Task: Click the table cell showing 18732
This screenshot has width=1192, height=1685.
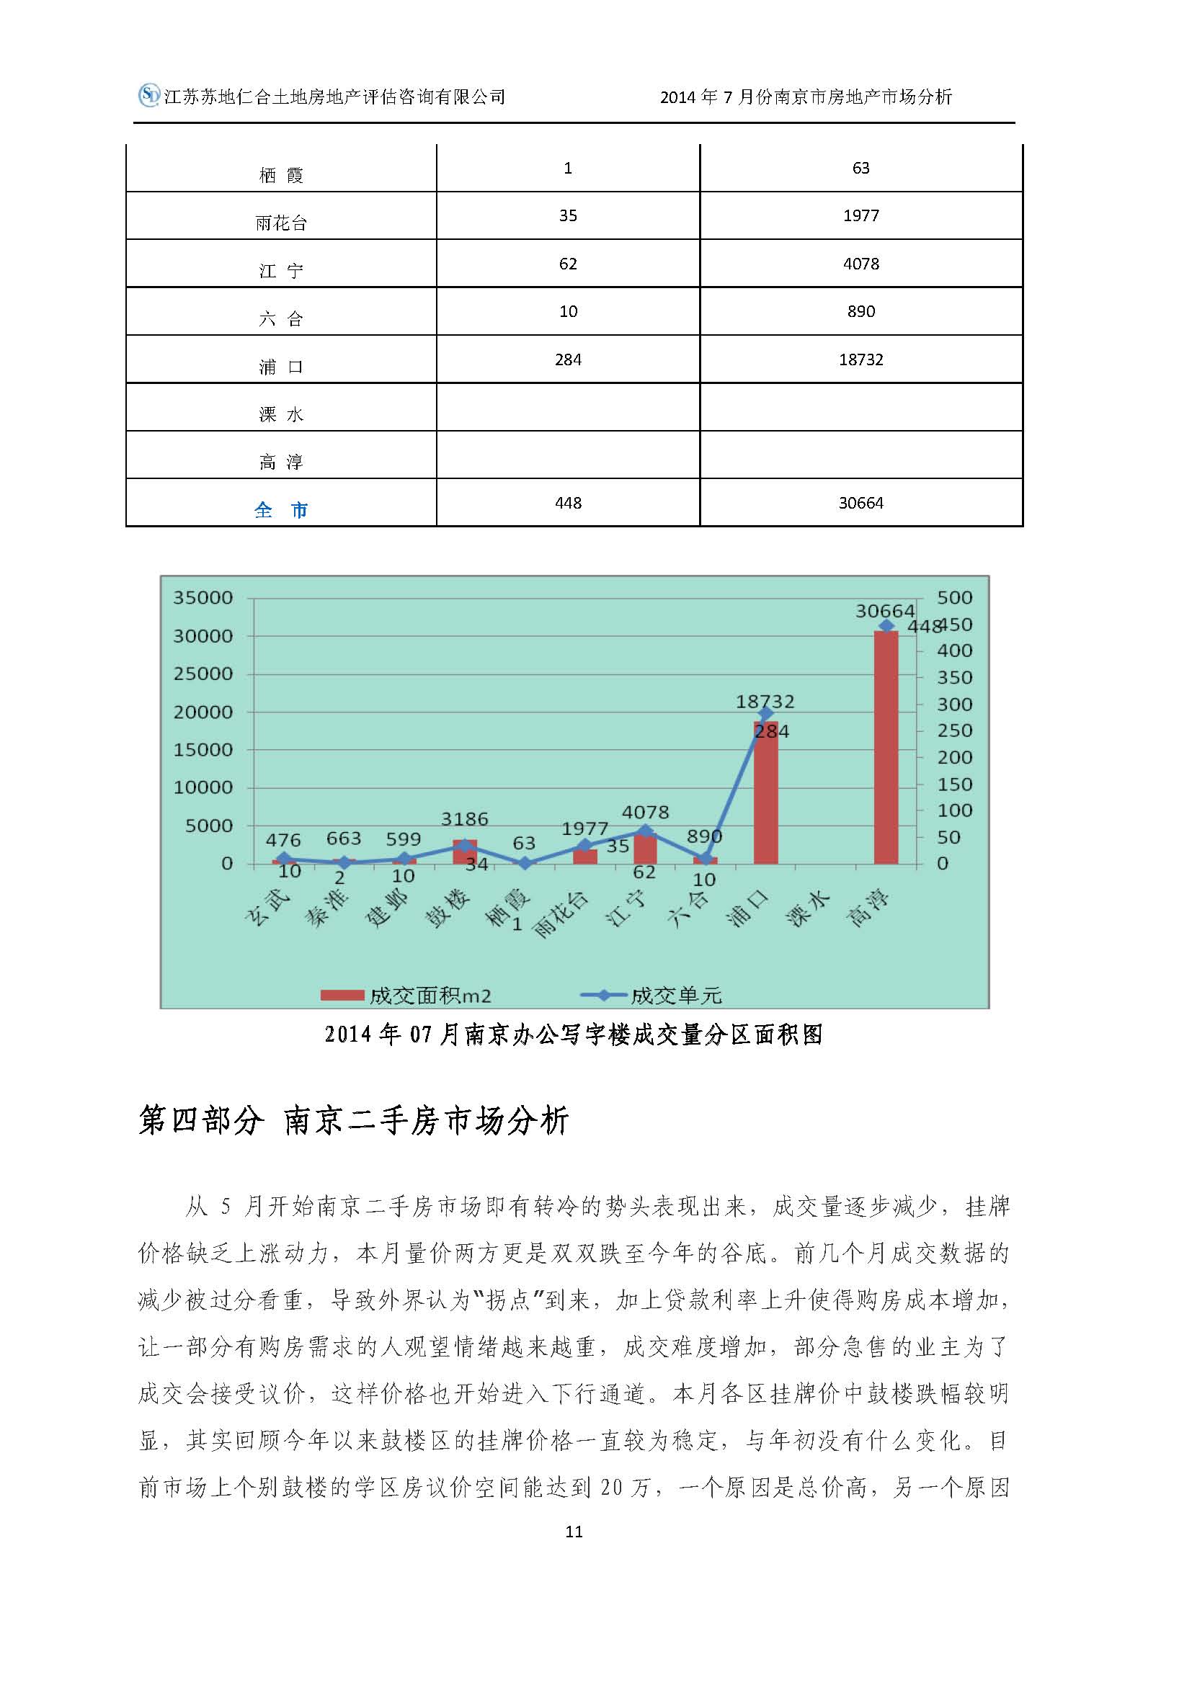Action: (x=860, y=359)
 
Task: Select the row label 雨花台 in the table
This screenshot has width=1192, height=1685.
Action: (x=281, y=223)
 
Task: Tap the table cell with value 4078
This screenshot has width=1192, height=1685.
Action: (x=860, y=264)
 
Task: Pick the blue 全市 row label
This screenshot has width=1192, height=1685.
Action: (x=280, y=509)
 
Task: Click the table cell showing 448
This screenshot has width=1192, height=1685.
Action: (x=568, y=503)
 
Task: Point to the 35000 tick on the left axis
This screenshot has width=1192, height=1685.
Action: (x=203, y=597)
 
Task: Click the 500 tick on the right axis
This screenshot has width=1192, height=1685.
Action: (x=954, y=597)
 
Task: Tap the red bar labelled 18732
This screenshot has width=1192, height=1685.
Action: (x=765, y=792)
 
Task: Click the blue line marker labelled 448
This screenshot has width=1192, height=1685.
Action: (x=886, y=626)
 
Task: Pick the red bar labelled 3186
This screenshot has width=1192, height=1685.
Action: (x=465, y=852)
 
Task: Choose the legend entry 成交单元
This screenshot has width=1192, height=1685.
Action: (x=651, y=995)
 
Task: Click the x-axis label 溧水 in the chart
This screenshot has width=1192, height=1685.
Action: (x=806, y=908)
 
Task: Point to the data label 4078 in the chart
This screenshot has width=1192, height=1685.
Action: (x=645, y=813)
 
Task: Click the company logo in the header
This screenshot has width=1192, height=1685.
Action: (x=149, y=95)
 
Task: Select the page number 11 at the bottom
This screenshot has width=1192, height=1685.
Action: (x=574, y=1532)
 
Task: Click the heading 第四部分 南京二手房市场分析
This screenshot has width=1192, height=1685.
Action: (x=353, y=1121)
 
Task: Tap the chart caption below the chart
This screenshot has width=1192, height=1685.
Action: (x=573, y=1034)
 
